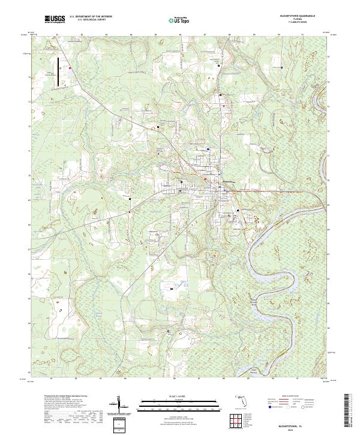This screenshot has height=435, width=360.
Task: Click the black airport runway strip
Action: click(58, 70)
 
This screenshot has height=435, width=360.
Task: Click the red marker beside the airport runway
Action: click(70, 68)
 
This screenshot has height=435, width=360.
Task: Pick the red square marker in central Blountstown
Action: click(205, 179)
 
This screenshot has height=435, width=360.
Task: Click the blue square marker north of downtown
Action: click(208, 149)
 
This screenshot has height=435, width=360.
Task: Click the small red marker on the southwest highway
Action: click(129, 211)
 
